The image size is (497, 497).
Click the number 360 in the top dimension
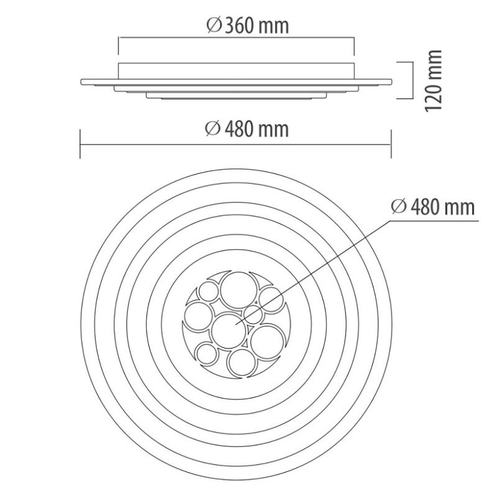(239, 26)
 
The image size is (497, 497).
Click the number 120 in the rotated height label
(434, 96)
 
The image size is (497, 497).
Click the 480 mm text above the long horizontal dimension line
(257, 129)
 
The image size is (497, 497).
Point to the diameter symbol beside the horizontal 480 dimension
(212, 129)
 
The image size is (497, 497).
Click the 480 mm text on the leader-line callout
(442, 207)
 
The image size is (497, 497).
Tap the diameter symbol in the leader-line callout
(398, 207)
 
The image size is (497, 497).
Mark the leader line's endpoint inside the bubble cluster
(235, 324)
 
